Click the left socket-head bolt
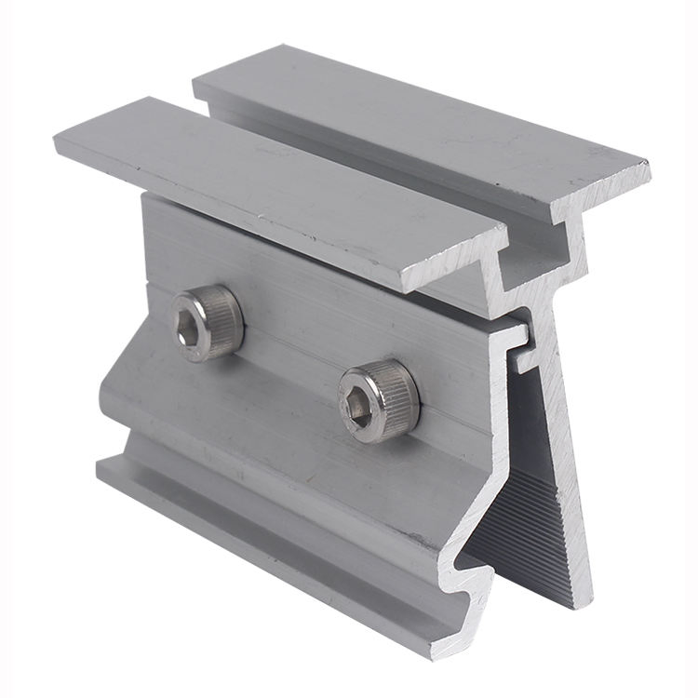[x=208, y=321]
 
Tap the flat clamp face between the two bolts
[x=289, y=358]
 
